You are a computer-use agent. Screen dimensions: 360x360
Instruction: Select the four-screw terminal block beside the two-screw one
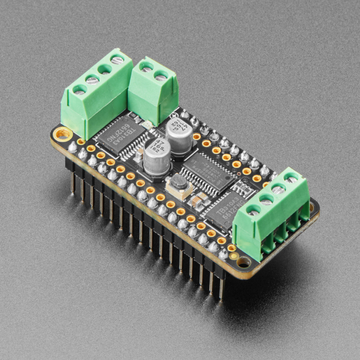[x=97, y=93]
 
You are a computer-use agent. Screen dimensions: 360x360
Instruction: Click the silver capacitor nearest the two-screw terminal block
[x=179, y=134]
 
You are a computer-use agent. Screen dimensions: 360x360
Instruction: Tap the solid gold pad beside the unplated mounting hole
[x=234, y=255]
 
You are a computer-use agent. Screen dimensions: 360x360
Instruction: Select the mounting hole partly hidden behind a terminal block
[x=312, y=207]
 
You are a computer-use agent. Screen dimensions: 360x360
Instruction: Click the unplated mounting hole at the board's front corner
[x=243, y=262]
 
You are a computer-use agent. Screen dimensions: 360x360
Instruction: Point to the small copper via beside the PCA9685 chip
[x=239, y=174]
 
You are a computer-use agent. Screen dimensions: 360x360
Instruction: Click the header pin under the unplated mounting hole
[x=221, y=288]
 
